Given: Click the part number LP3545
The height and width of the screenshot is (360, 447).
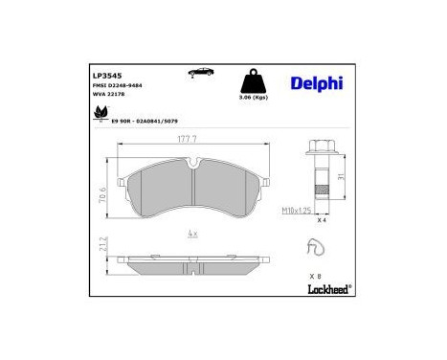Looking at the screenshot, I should (x=106, y=73).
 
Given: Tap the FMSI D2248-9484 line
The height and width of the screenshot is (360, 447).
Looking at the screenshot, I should (x=119, y=85).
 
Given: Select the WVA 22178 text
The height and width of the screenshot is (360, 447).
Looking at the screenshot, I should (x=107, y=95).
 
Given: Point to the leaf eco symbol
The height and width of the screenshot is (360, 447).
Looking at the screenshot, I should (x=101, y=114).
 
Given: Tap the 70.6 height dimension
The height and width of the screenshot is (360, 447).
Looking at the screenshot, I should (x=101, y=194).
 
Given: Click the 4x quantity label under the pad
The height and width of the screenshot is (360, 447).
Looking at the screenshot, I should (x=191, y=234).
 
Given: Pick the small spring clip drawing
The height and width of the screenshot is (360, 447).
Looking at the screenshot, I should (x=313, y=249).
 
